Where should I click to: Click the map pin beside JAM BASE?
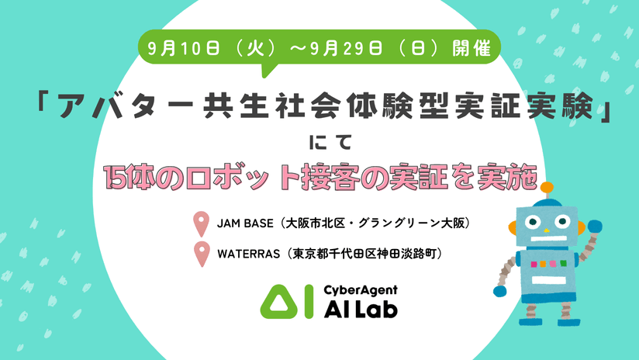(x=201, y=223)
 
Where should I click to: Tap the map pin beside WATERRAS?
(x=202, y=254)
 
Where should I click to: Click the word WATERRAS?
(x=248, y=254)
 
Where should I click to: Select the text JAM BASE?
(x=245, y=223)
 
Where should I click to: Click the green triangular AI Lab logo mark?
(x=278, y=302)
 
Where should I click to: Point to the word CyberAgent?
(x=361, y=290)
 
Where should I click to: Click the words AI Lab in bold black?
(x=361, y=310)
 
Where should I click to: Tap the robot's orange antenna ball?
(x=547, y=187)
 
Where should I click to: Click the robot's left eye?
(x=531, y=222)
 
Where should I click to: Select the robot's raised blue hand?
(x=595, y=227)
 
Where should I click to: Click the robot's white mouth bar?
(x=547, y=239)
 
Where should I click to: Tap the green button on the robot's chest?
(x=564, y=263)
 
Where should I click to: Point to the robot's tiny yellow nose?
(x=547, y=230)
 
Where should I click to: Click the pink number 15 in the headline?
(x=116, y=178)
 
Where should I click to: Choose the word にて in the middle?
(x=330, y=142)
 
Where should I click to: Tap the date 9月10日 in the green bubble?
(x=183, y=49)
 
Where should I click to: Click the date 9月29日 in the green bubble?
(x=346, y=49)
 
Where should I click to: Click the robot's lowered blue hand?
(x=499, y=291)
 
